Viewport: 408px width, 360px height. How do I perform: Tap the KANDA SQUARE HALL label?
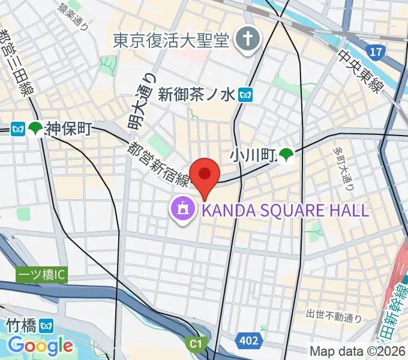[285, 210]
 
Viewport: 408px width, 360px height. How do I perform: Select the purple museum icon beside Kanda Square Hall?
[182, 209]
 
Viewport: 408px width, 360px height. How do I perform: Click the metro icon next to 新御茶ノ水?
[245, 94]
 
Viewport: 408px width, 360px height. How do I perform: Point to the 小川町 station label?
[251, 157]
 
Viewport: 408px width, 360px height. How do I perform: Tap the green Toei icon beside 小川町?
[285, 157]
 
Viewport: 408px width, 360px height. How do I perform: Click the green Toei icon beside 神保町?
[35, 128]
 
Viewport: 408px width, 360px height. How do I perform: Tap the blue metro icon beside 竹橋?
[47, 326]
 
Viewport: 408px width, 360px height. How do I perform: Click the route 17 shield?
[376, 53]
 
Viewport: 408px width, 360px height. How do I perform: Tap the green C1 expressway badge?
[194, 344]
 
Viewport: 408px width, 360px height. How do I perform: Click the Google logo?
[40, 346]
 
